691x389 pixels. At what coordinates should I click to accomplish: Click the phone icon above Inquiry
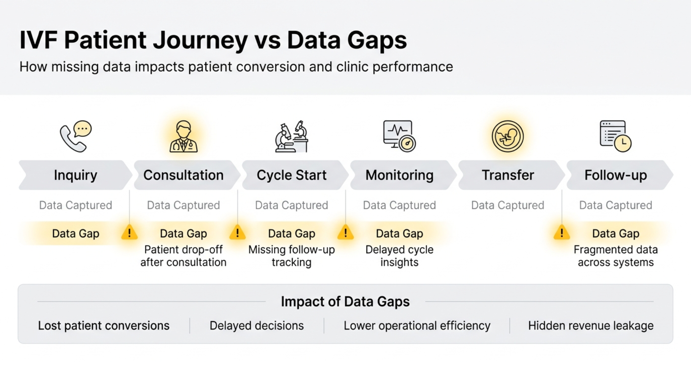75,137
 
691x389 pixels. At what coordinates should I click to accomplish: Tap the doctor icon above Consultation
184,137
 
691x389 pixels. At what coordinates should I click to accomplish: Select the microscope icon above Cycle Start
292,137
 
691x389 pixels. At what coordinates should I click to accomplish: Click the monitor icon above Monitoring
399,136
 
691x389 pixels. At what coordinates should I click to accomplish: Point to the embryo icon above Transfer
507,137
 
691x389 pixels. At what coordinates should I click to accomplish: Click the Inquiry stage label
76,175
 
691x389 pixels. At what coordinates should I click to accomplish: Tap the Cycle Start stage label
292,175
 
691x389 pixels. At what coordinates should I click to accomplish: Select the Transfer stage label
508,175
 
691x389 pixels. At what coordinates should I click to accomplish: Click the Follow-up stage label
615,175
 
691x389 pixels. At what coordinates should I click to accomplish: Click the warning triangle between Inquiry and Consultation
130,233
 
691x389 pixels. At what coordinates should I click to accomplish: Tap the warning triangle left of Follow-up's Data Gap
561,233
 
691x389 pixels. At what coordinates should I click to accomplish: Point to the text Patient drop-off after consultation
184,256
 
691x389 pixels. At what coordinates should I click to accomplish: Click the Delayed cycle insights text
399,256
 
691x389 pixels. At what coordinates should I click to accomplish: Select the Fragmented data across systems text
615,256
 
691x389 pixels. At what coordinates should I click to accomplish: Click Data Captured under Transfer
507,205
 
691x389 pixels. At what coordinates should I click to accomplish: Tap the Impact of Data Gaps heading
345,301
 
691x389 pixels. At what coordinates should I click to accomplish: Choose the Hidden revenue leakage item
591,326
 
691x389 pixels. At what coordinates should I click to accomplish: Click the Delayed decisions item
257,326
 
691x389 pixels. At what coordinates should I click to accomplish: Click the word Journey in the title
200,40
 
